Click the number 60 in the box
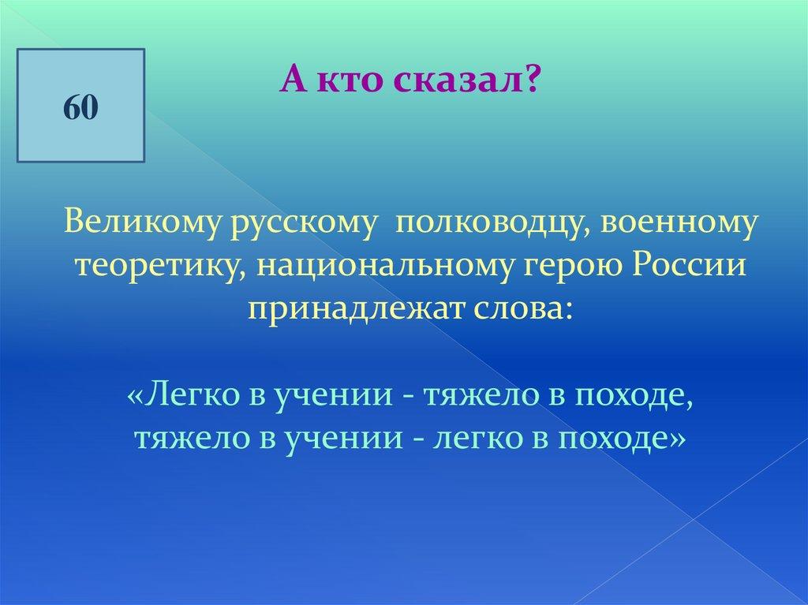coord(81,108)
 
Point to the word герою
coord(572,270)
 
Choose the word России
coord(689,267)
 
